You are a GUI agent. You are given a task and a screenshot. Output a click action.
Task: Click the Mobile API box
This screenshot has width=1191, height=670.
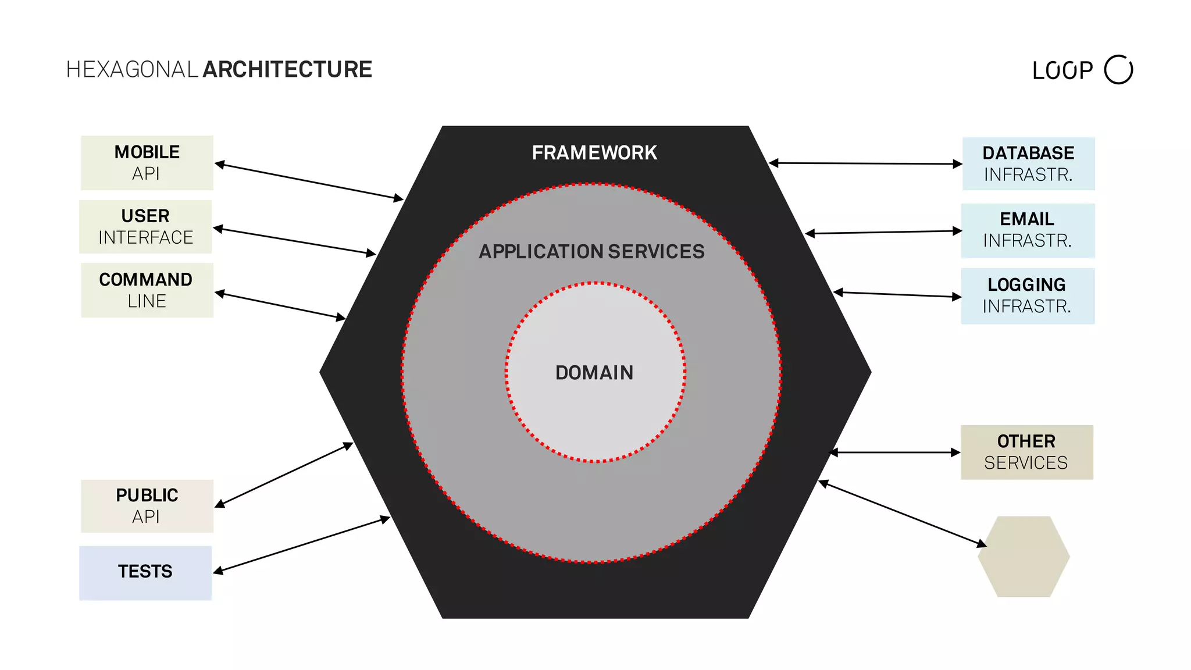tap(147, 163)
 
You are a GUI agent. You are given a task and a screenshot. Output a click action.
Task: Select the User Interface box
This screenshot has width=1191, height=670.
tap(145, 227)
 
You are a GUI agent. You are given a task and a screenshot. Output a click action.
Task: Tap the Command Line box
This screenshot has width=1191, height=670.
tap(147, 290)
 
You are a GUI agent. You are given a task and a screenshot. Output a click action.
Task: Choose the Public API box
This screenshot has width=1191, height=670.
tap(147, 506)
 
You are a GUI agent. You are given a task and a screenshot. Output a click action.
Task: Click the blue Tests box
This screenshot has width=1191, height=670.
tap(145, 572)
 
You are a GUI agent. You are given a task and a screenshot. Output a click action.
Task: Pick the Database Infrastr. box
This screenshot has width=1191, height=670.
tap(1028, 163)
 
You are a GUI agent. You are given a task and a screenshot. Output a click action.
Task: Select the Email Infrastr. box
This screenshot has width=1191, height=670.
tap(1028, 230)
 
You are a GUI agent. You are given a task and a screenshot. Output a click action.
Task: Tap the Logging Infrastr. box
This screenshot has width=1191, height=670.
tap(1028, 295)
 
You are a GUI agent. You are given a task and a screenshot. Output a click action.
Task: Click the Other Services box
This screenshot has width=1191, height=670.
tap(1026, 452)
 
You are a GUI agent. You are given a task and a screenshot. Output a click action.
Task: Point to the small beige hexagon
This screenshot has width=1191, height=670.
tap(1024, 557)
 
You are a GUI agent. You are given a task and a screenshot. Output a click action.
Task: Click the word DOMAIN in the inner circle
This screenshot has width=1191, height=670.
tap(594, 373)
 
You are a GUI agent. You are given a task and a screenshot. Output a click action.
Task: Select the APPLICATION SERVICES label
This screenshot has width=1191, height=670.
tap(591, 251)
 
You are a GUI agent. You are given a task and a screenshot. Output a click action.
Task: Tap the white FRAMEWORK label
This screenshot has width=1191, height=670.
tap(594, 153)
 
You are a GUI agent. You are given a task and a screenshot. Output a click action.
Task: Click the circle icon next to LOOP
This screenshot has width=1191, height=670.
tap(1118, 70)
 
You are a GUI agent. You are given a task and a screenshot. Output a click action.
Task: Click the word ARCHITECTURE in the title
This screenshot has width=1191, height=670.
tap(287, 69)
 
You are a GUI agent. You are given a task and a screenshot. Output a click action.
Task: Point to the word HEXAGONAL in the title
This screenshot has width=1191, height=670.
tap(133, 69)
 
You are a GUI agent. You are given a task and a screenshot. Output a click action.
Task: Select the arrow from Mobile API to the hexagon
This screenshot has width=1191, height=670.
tap(308, 181)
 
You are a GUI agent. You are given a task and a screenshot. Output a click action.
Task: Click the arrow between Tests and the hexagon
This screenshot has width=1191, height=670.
tap(301, 544)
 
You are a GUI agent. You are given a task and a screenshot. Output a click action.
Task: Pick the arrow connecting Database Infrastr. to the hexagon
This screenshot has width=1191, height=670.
tap(865, 163)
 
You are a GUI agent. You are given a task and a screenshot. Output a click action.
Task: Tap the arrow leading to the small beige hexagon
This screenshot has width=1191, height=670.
tap(903, 514)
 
